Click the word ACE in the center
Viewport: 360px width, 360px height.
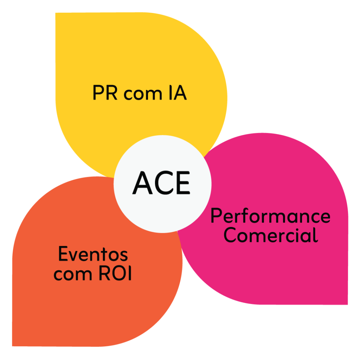coord(161,183)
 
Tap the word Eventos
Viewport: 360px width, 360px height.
coord(93,254)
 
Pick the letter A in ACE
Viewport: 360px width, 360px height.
coord(142,183)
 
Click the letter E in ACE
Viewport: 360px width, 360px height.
coord(182,183)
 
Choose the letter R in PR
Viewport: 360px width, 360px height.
coord(111,93)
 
